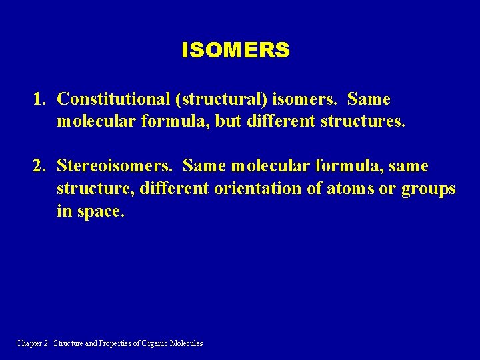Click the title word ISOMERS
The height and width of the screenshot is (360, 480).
[235, 50]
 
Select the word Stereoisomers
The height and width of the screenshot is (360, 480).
[117, 165]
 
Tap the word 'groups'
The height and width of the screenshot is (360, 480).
[429, 189]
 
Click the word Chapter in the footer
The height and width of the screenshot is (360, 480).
[29, 343]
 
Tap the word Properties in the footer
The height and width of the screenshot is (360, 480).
[119, 343]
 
